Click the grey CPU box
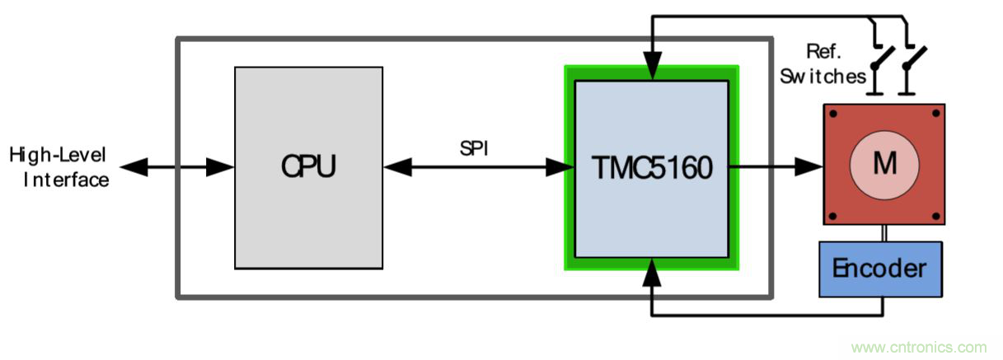308,167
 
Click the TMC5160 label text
651,168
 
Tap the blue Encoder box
879,269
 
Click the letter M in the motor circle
883,165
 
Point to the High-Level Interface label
59,167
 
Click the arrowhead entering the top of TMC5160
652,68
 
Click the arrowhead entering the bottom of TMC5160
652,268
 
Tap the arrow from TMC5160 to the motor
776,168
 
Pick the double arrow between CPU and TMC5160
478,168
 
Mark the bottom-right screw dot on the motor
935,216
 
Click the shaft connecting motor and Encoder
883,232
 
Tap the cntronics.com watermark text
918,348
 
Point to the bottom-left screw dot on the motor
833,216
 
